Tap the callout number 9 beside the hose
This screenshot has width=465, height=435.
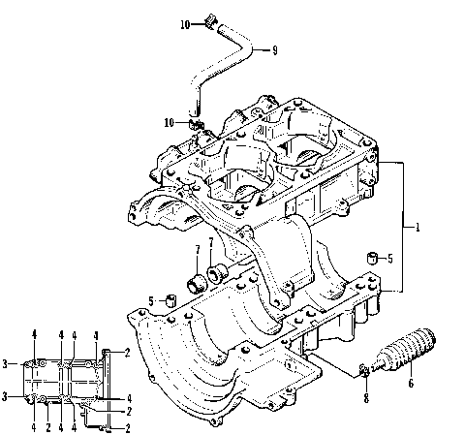pyautogui.click(x=274, y=50)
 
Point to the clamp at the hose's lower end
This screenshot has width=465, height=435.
pyautogui.click(x=197, y=124)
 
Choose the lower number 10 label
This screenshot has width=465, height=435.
pyautogui.click(x=170, y=123)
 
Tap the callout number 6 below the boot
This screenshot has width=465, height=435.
pyautogui.click(x=410, y=385)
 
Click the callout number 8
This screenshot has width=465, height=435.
pyautogui.click(x=365, y=397)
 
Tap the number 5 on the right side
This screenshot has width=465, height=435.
pyautogui.click(x=389, y=259)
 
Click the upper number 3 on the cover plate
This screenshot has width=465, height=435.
pyautogui.click(x=5, y=363)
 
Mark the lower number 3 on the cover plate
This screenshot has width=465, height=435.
pyautogui.click(x=5, y=396)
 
